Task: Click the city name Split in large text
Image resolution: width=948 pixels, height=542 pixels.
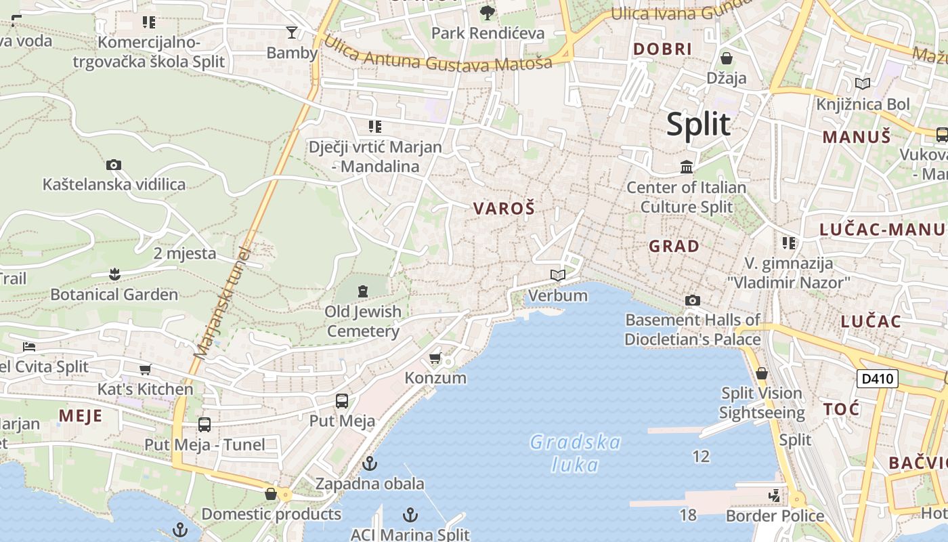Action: coord(698,125)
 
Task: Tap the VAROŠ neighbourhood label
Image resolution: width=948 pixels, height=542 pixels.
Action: coord(503,209)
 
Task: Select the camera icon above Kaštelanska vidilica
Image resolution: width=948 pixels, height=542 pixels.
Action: coord(114,165)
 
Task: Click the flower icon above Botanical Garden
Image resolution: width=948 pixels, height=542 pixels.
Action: coord(114,274)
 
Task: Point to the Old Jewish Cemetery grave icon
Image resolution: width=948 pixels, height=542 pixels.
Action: coord(363,292)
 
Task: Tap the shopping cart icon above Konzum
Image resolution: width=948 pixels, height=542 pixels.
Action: coord(435,358)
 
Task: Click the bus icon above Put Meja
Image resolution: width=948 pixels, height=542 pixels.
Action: coord(342,400)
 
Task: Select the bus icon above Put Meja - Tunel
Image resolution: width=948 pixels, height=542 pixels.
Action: coord(204,425)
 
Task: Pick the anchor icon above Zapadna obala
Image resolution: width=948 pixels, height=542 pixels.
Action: coord(369,464)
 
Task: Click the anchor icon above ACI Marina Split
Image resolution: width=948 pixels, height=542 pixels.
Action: coord(410,514)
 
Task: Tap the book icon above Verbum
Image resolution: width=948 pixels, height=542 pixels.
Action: coord(558,275)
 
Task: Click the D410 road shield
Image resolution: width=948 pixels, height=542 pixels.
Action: coord(877,379)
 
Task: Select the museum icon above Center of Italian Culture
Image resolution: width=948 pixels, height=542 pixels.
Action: coord(687,167)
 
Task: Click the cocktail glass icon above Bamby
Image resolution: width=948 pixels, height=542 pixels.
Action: coord(292,32)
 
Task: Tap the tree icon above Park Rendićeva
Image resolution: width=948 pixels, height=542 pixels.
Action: coord(487,12)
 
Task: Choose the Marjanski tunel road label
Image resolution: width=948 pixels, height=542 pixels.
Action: coord(221,303)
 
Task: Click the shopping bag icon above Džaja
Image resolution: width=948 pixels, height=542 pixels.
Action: coord(727,58)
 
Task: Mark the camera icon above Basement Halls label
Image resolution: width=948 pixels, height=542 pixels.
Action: coord(692,300)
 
